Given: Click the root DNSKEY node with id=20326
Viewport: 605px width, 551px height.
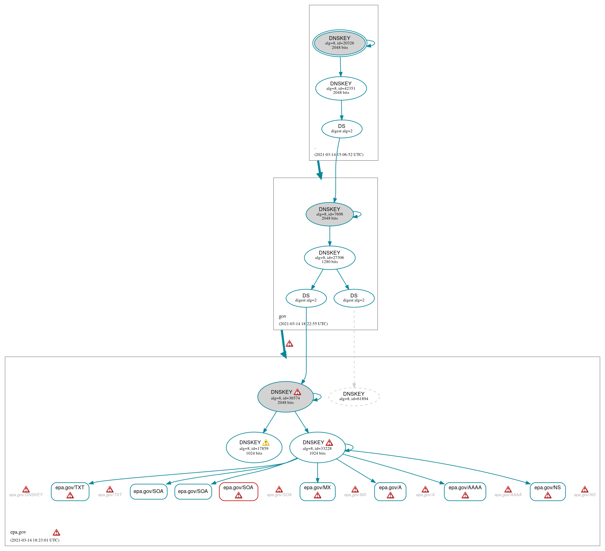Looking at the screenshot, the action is tap(340, 43).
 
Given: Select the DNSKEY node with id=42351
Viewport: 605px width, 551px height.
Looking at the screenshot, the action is tap(341, 89).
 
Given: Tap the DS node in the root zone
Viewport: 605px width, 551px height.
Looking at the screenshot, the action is tap(342, 129).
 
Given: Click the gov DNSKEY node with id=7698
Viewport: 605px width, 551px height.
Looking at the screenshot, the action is tap(330, 214).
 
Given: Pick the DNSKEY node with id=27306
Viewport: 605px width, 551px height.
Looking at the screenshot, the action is tap(330, 258).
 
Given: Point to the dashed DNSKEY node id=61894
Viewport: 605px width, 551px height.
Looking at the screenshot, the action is tap(354, 397).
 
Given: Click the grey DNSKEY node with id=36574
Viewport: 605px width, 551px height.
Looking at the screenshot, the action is tap(285, 397).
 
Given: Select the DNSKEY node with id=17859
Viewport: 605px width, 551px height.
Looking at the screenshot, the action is tap(254, 447).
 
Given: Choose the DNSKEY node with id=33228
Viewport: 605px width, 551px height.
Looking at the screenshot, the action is tap(317, 447).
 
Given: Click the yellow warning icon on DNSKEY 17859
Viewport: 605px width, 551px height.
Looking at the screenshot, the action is tap(266, 443).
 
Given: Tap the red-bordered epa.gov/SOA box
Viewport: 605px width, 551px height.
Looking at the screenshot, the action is tap(239, 491).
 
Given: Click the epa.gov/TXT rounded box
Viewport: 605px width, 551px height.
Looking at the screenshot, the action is tap(70, 491).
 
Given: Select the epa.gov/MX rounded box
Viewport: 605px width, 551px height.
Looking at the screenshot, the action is tap(317, 491).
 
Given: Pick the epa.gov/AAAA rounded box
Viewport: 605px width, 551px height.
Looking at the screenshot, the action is tap(465, 491).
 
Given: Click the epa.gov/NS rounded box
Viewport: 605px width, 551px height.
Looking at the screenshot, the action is tap(548, 491).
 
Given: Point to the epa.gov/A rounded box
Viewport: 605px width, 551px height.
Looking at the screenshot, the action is tap(390, 491).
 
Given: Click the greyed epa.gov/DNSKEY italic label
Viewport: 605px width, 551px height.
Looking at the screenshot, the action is tap(26, 495).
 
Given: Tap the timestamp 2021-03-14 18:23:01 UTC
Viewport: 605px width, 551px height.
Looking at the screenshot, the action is tap(35, 540).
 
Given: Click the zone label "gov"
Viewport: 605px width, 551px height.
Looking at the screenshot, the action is tap(283, 316).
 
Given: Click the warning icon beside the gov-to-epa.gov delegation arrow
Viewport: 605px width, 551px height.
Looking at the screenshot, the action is tap(289, 344).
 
